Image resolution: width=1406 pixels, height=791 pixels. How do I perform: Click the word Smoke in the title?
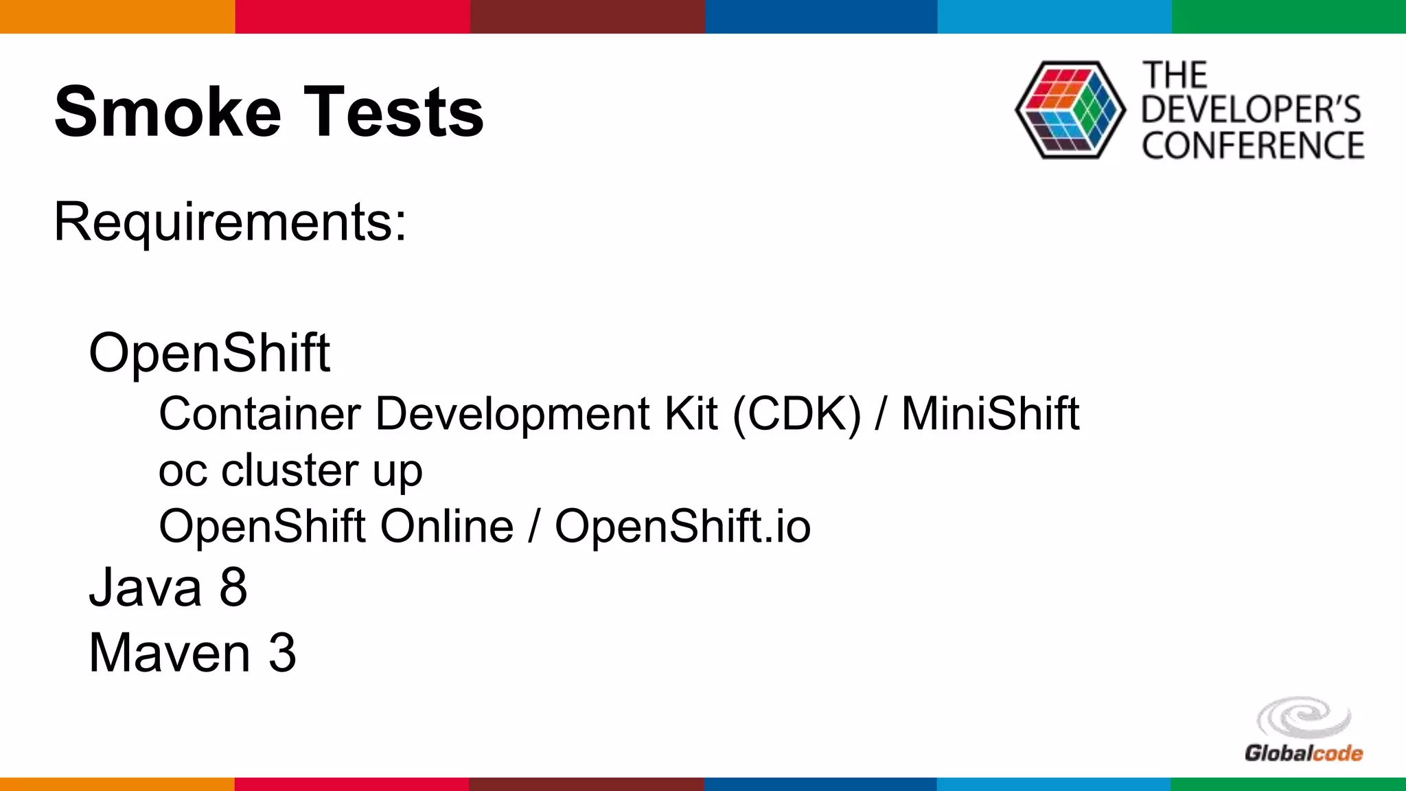[x=168, y=112]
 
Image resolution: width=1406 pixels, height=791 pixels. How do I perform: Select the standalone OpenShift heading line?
[x=209, y=354]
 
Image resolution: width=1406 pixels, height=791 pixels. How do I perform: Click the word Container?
[x=260, y=414]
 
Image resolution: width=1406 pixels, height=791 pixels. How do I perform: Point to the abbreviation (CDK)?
[x=796, y=414]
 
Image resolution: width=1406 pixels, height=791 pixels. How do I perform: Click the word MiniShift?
[x=990, y=414]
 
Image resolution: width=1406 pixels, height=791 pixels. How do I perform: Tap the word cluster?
[x=290, y=470]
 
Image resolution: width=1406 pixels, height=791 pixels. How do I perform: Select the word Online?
[x=446, y=527]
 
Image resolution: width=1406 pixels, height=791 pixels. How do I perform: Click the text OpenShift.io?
[x=682, y=527]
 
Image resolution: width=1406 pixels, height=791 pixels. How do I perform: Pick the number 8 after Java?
[x=233, y=588]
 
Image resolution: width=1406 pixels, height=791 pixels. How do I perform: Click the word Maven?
[x=170, y=653]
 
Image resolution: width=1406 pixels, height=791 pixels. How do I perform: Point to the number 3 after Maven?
[x=282, y=653]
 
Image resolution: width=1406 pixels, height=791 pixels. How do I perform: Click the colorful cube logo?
[x=1070, y=110]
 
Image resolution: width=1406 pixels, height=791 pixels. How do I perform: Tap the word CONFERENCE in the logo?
[x=1253, y=146]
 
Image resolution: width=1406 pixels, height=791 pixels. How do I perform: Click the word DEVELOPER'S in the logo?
[x=1251, y=110]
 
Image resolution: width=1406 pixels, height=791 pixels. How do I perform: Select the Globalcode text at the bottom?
[x=1303, y=753]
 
